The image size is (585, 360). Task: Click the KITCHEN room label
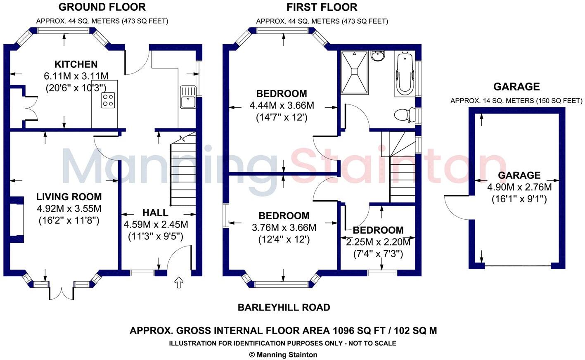pyautogui.click(x=76, y=64)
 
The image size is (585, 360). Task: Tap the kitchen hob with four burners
pyautogui.click(x=108, y=100)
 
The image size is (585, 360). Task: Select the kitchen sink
pyautogui.click(x=188, y=97)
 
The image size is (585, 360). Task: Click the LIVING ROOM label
pyautogui.click(x=69, y=197)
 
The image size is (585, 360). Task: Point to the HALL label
pyautogui.click(x=155, y=213)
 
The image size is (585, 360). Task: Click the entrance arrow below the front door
pyautogui.click(x=179, y=283)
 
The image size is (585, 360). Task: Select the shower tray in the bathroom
pyautogui.click(x=354, y=72)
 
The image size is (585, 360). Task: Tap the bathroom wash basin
pyautogui.click(x=377, y=56)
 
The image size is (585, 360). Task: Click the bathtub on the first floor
pyautogui.click(x=404, y=73)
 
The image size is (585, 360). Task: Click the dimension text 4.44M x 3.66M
pyautogui.click(x=282, y=106)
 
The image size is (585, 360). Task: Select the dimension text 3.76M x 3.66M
pyautogui.click(x=284, y=227)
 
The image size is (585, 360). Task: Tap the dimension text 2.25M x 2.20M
pyautogui.click(x=378, y=242)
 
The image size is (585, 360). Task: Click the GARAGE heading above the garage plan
pyautogui.click(x=516, y=87)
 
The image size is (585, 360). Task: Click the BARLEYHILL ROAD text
pyautogui.click(x=284, y=308)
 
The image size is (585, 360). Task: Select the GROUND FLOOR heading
pyautogui.click(x=102, y=7)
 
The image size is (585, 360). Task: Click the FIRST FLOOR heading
pyautogui.click(x=322, y=7)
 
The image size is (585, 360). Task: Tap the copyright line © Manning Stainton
pyautogui.click(x=283, y=355)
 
